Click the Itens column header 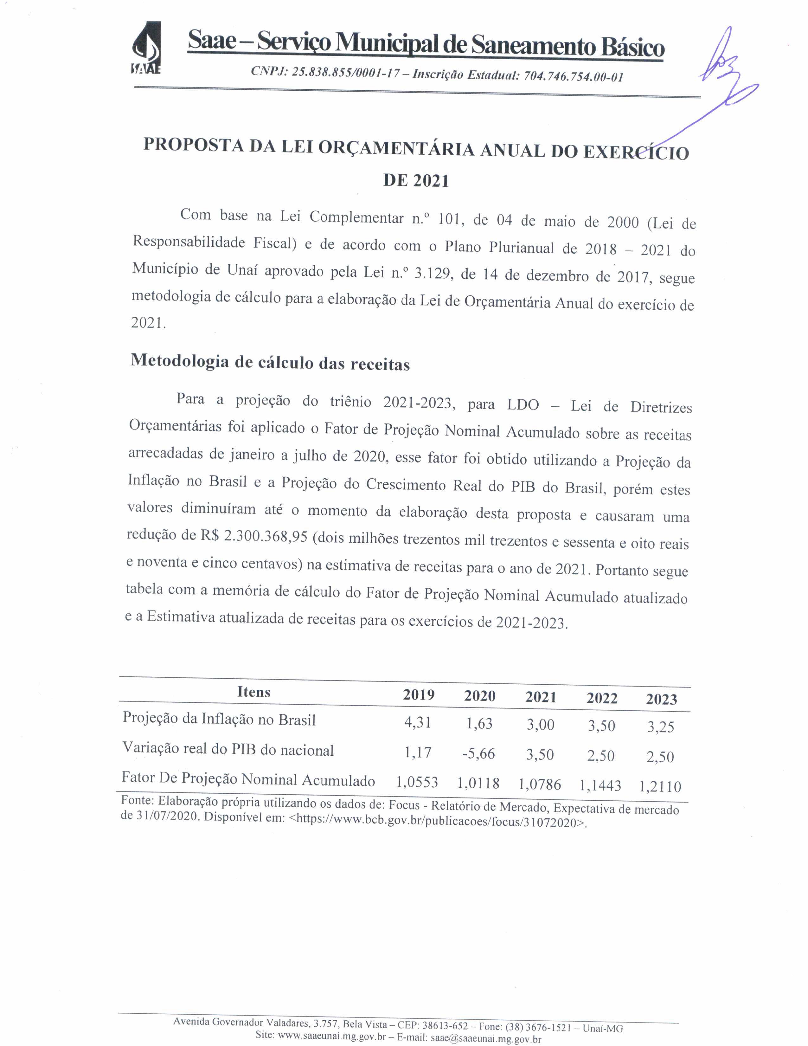[x=254, y=692]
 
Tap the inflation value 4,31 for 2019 [x=417, y=722]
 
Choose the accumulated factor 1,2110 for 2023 [x=660, y=786]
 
